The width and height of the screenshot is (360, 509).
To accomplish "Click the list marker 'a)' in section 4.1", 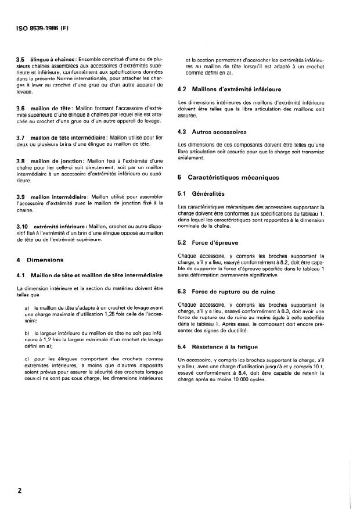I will pos(27,309).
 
